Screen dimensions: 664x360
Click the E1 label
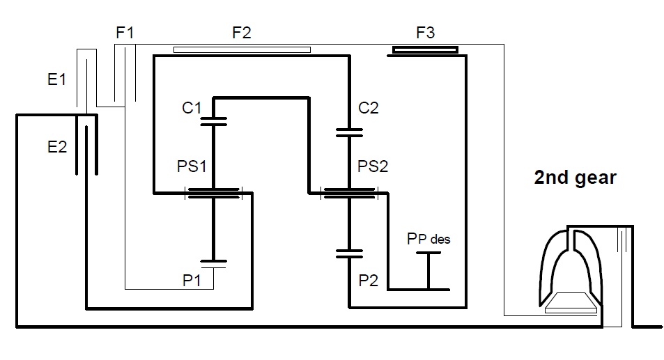click(56, 79)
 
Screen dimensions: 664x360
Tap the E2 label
click(57, 147)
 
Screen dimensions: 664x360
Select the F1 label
click(125, 33)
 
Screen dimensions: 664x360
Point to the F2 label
click(242, 33)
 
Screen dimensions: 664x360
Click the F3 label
click(426, 33)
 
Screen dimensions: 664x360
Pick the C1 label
click(192, 108)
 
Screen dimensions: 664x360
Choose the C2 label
click(368, 108)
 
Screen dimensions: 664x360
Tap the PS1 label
click(192, 166)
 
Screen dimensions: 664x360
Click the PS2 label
click(373, 166)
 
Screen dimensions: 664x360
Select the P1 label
click(192, 280)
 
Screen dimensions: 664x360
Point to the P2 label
click(368, 280)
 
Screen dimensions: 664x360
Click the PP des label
click(428, 239)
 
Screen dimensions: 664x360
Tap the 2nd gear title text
click(575, 178)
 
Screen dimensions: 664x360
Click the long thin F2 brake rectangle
click(242, 50)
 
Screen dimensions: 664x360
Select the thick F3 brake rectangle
click(425, 50)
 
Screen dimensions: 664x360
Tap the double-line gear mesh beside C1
click(213, 121)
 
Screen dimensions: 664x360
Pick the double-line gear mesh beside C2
click(349, 133)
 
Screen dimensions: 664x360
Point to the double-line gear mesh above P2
click(349, 254)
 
